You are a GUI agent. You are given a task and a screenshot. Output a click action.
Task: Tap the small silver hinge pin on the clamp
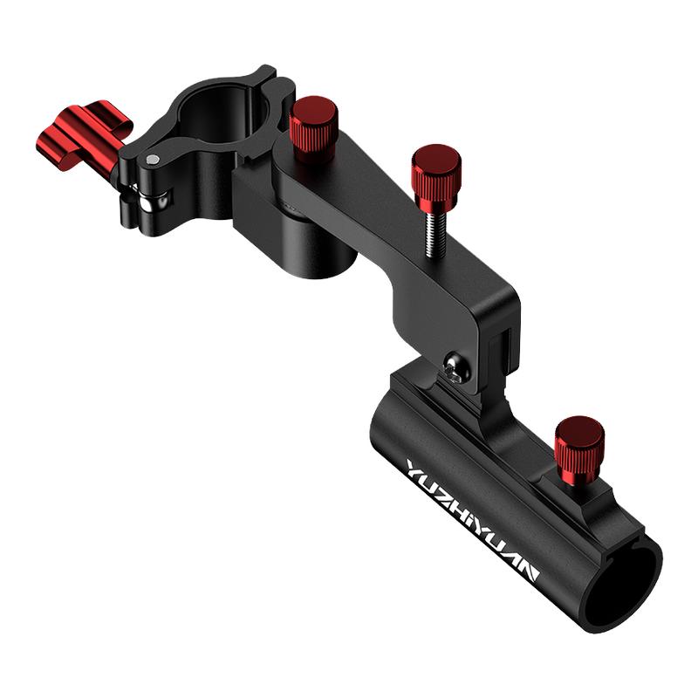[152, 159]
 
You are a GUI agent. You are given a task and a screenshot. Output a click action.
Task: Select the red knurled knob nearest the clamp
[313, 128]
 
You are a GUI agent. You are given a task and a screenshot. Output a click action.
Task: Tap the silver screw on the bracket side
[455, 366]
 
